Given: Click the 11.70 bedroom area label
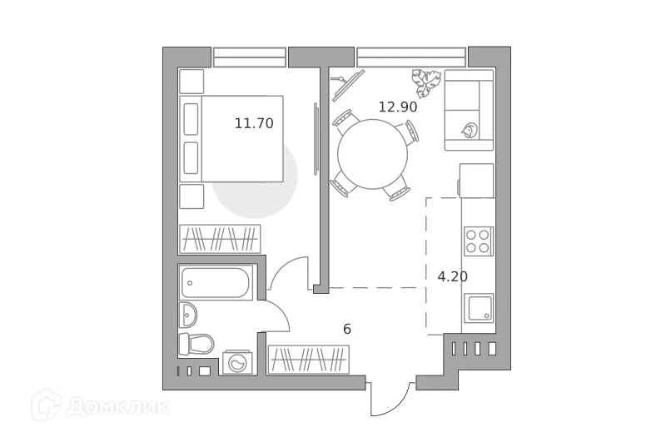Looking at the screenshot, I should tap(254, 123).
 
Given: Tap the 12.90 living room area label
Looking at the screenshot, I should tap(397, 107).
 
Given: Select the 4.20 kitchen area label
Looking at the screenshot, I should tap(452, 276).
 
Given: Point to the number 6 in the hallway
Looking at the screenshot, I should tap(347, 329).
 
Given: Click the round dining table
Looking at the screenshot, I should tap(373, 155).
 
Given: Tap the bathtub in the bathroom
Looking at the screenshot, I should tap(216, 283).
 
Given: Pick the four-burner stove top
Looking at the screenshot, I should tap(478, 241).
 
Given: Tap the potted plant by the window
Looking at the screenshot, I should tap(427, 81).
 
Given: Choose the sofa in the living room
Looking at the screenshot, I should tap(468, 110).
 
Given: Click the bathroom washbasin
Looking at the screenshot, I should tap(188, 315).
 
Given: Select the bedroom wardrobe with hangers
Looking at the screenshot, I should tap(220, 239).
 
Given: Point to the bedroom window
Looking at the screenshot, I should tap(249, 58).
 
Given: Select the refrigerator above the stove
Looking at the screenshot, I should tap(476, 180).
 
